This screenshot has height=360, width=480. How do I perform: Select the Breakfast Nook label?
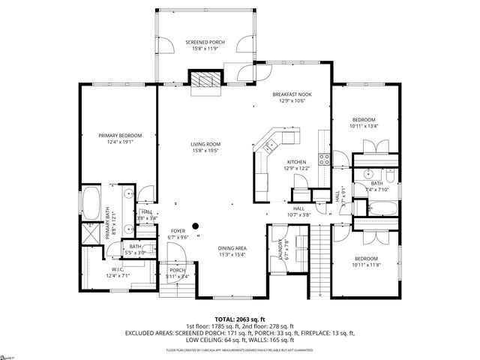pyautogui.click(x=292, y=94)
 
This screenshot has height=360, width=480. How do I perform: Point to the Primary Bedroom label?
pyautogui.click(x=119, y=136)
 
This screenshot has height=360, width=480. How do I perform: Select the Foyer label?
pyautogui.click(x=178, y=231)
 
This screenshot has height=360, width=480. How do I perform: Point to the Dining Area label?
pyautogui.click(x=232, y=248)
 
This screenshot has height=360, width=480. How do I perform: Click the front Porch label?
pyautogui.click(x=177, y=271)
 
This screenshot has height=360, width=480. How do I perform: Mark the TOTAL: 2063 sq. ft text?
pyautogui.click(x=239, y=319)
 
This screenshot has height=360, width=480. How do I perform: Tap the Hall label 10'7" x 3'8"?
pyautogui.click(x=298, y=208)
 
